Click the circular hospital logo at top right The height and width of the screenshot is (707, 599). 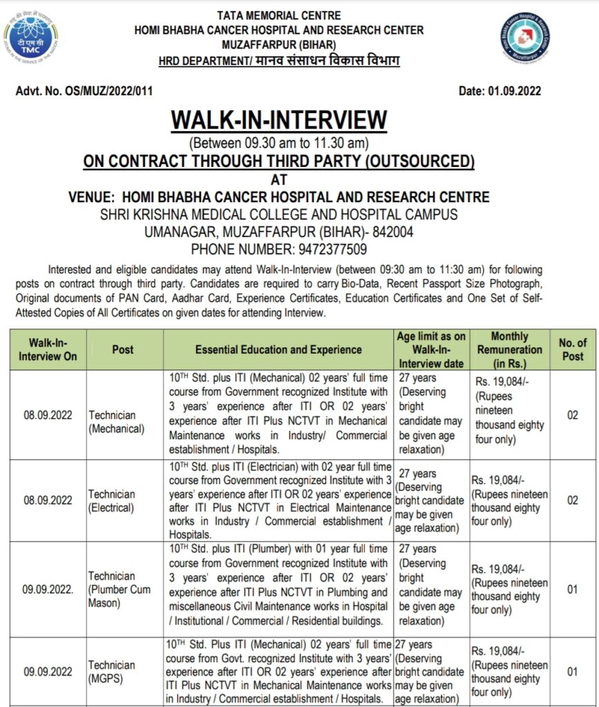coord(525,38)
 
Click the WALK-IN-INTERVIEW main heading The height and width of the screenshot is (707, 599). coord(279,119)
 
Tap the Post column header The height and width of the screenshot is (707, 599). coord(122,349)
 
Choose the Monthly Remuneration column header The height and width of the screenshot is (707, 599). coord(509,349)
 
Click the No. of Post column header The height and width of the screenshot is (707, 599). coord(572,349)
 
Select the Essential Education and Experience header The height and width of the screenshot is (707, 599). coord(278,349)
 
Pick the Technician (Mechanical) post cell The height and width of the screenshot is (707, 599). coord(116,422)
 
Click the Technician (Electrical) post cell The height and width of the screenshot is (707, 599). coord(111,501)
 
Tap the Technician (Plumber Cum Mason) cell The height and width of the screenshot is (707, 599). coord(119,590)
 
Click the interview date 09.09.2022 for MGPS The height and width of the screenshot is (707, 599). coord(47,671)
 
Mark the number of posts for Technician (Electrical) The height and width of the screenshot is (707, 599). coord(572,500)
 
